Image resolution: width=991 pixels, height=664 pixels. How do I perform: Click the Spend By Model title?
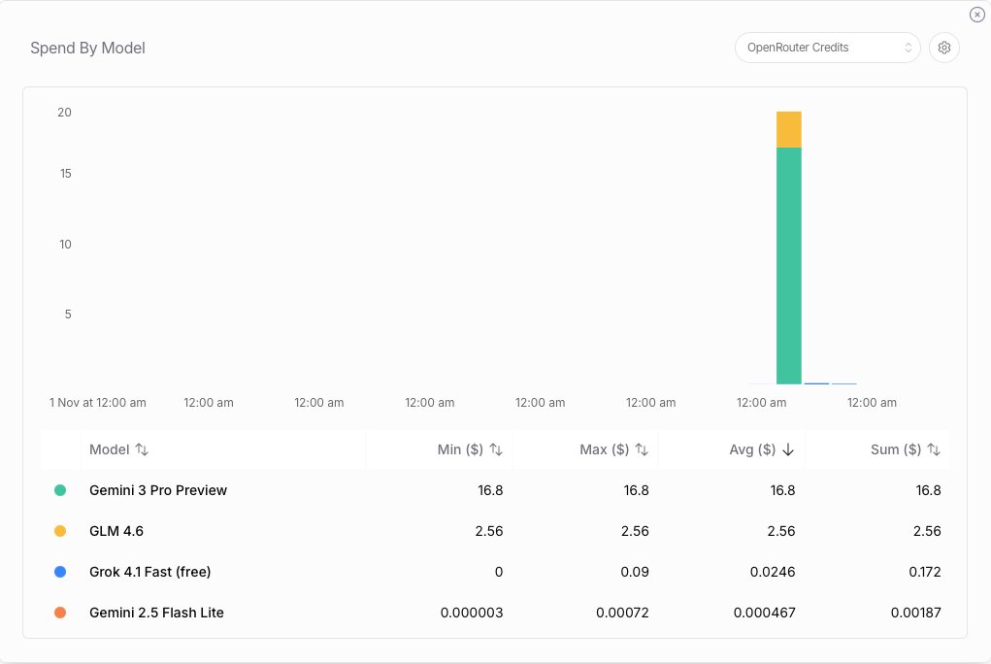[87, 48]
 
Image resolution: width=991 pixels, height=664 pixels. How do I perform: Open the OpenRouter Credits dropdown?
[827, 48]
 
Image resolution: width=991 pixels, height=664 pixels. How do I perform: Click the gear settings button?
[943, 48]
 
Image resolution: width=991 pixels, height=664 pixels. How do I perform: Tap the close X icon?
[976, 15]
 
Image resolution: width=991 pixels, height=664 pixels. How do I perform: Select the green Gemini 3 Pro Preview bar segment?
[788, 265]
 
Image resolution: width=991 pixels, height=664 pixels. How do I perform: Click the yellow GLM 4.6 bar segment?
[788, 129]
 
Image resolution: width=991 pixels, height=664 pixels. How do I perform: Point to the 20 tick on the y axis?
[65, 113]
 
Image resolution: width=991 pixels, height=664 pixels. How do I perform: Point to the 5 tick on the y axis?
[67, 315]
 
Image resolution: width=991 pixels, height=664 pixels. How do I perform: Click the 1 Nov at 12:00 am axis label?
[98, 402]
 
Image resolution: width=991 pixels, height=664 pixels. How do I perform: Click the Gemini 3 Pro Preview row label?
[158, 490]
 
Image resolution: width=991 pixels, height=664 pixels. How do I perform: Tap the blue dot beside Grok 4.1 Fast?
[60, 572]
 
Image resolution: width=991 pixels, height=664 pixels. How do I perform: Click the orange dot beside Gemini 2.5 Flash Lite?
[60, 613]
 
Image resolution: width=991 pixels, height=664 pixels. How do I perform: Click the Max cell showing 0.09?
[636, 572]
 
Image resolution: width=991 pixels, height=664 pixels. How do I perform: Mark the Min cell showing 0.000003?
[472, 613]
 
